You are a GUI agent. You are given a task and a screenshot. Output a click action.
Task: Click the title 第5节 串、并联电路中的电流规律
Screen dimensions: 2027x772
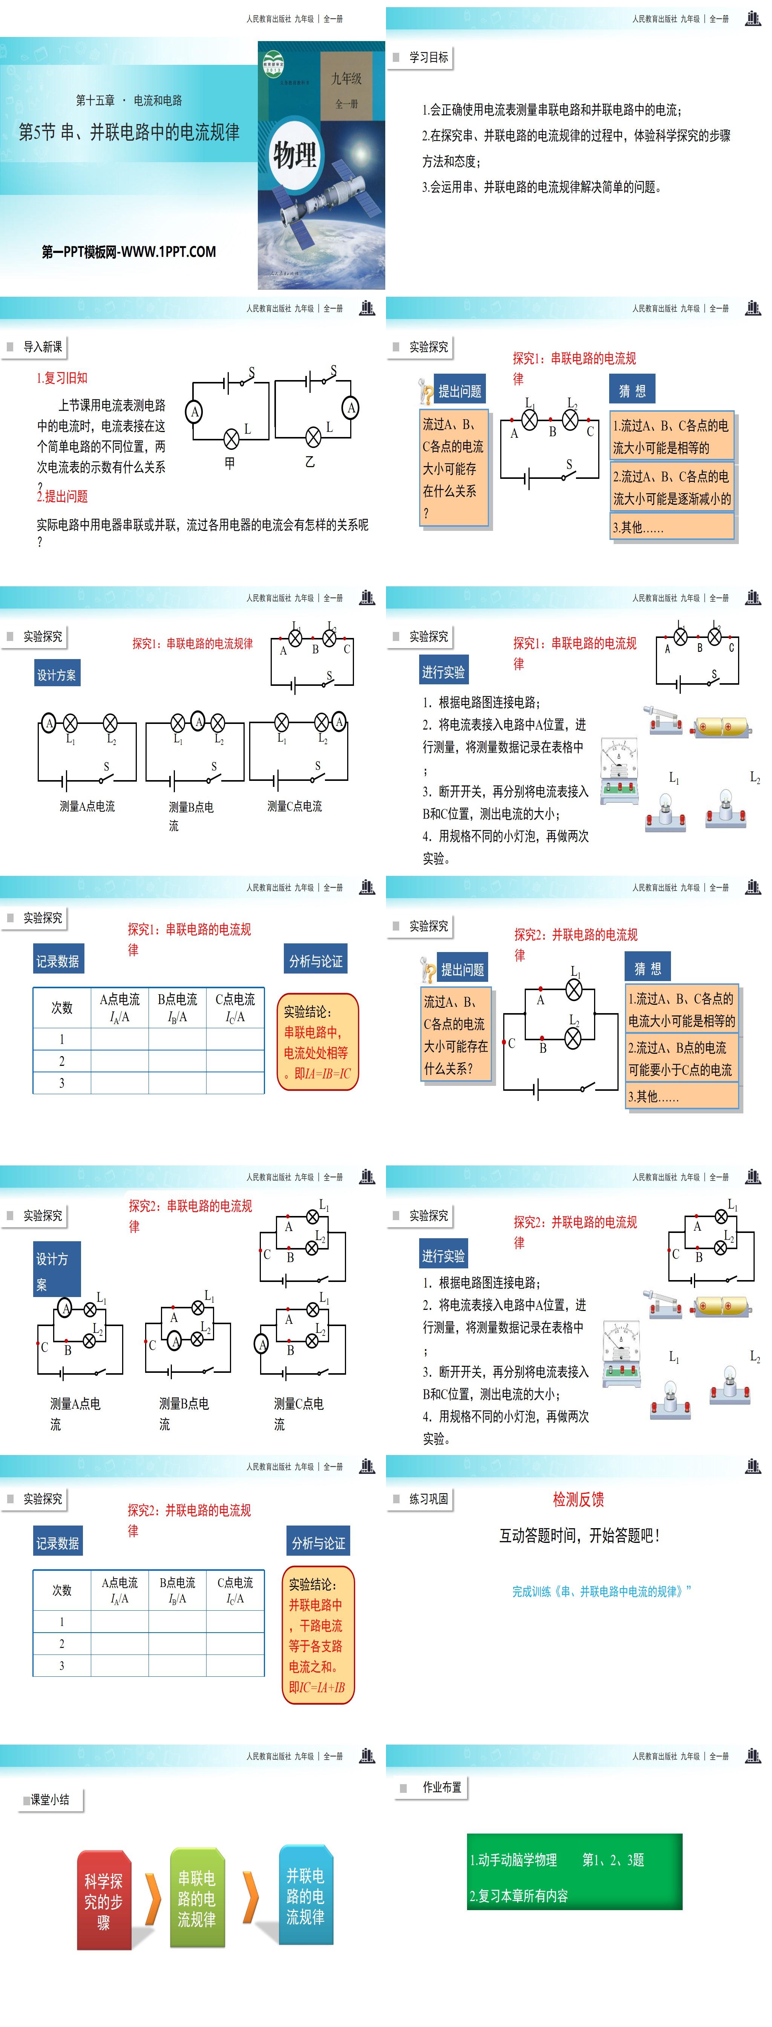(x=129, y=132)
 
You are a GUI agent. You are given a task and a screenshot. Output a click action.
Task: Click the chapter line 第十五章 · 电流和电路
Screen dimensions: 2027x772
(x=129, y=100)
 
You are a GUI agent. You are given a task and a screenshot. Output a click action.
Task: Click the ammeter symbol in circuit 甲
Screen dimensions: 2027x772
(x=195, y=411)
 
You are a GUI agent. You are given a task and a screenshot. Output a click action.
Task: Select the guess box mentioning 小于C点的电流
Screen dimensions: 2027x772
(x=681, y=1058)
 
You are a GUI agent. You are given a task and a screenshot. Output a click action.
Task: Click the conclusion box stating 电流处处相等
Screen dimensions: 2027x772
(x=317, y=1042)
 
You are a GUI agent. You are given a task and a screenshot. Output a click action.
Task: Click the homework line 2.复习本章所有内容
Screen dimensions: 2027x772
(x=519, y=1895)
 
